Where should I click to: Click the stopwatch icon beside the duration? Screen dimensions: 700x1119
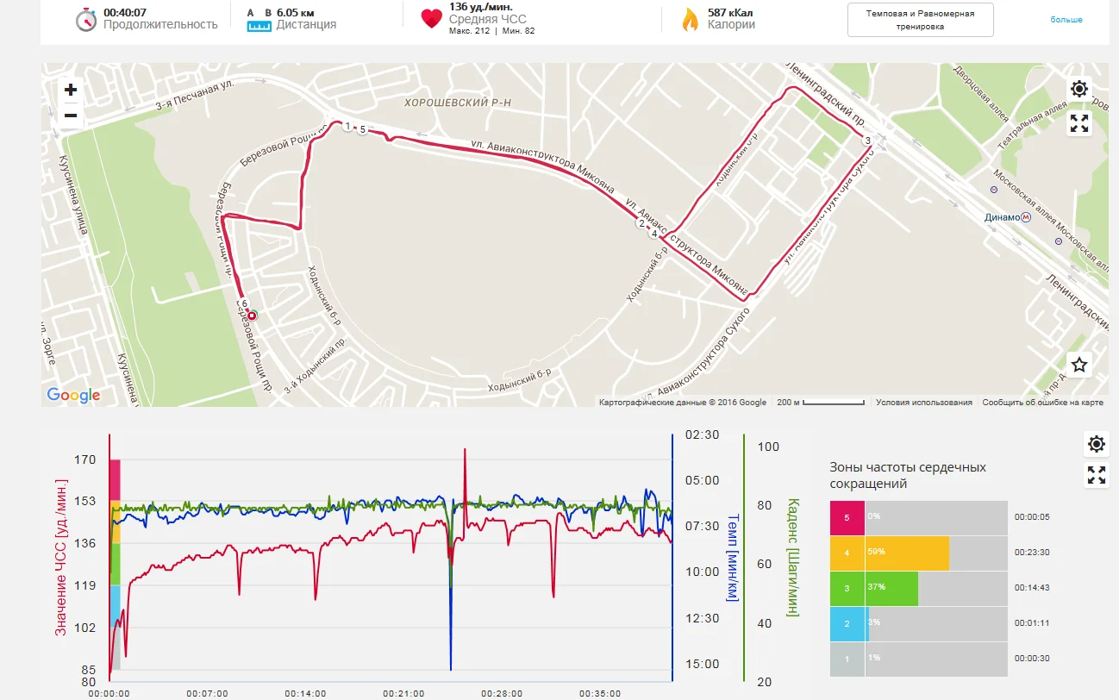[x=85, y=20]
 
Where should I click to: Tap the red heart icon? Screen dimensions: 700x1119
[x=431, y=19]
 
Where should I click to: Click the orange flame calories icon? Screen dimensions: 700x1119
[x=690, y=20]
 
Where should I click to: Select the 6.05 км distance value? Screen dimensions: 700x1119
[x=295, y=13]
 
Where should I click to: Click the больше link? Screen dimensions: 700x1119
[x=1066, y=20]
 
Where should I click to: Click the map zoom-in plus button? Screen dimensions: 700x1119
[x=71, y=90]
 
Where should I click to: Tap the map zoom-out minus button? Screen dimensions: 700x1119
[x=71, y=116]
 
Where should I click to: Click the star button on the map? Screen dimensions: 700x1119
[x=1079, y=365]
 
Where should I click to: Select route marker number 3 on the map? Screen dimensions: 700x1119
[x=867, y=141]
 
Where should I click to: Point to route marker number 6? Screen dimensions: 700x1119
[x=245, y=304]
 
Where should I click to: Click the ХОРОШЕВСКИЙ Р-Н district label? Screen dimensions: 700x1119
[x=458, y=103]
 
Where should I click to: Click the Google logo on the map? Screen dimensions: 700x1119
[x=73, y=396]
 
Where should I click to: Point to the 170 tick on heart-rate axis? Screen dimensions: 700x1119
[x=85, y=460]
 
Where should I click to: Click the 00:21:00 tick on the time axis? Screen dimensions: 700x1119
[x=404, y=693]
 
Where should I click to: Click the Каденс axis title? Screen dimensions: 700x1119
[x=792, y=557]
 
